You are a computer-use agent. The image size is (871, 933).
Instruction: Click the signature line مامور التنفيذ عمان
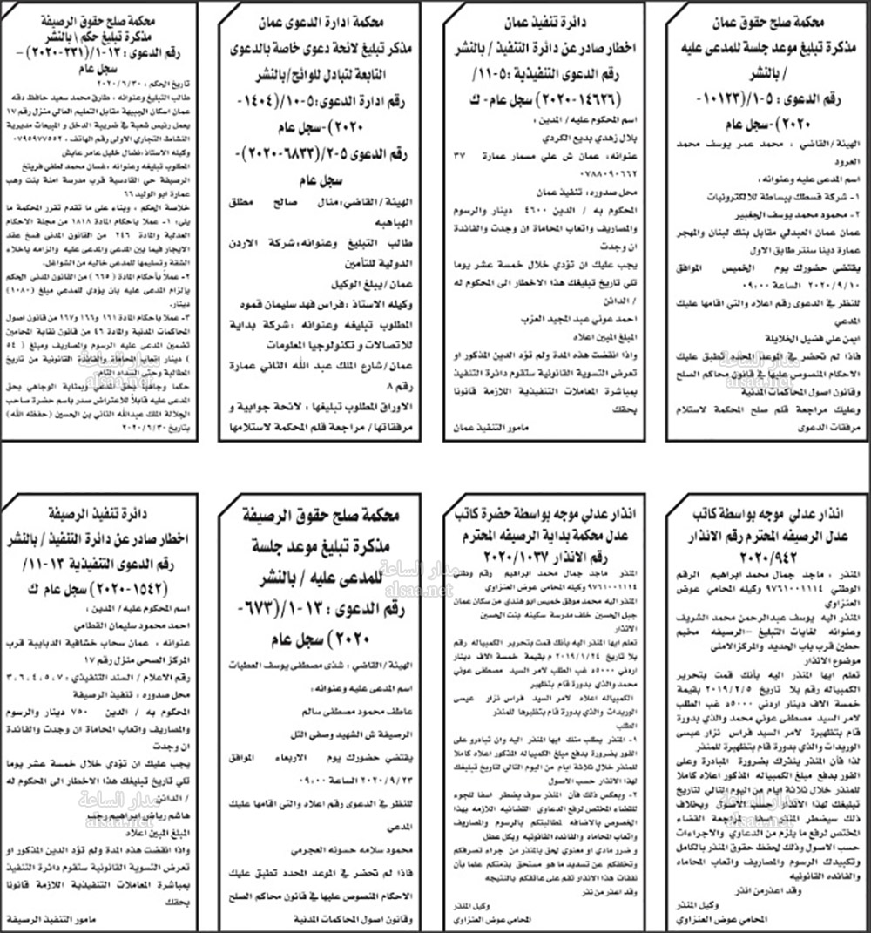point(488,428)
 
